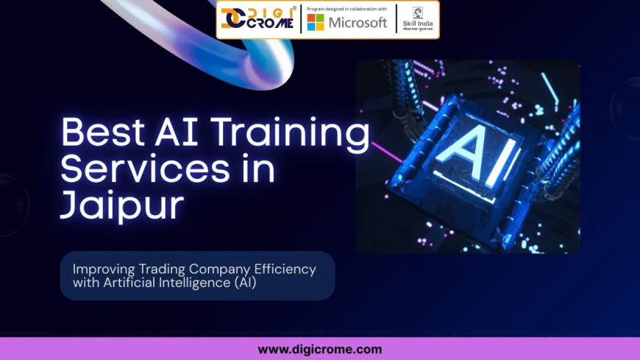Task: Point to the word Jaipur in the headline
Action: (x=121, y=205)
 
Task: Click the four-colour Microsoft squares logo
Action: (x=316, y=22)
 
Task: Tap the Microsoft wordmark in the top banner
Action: (x=358, y=22)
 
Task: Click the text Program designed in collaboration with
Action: (x=346, y=8)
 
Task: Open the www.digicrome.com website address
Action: (x=320, y=349)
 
